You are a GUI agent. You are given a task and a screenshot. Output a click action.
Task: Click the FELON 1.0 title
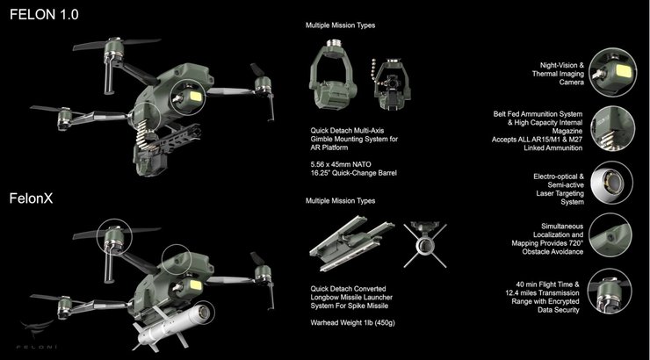click(x=44, y=15)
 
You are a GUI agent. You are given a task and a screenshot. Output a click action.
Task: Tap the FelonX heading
click(x=31, y=198)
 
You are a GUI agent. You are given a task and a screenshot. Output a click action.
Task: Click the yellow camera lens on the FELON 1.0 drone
click(x=194, y=97)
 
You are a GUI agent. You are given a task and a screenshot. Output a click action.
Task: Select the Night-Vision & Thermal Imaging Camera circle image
click(x=613, y=73)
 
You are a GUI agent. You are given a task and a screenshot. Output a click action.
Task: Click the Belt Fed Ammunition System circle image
click(x=613, y=128)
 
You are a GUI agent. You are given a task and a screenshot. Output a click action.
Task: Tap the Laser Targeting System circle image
click(x=612, y=183)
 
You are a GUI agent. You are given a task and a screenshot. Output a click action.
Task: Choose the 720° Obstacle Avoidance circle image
click(x=610, y=235)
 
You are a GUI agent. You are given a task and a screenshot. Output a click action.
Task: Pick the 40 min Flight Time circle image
click(x=610, y=291)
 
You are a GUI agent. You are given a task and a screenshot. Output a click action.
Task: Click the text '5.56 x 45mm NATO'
click(x=341, y=164)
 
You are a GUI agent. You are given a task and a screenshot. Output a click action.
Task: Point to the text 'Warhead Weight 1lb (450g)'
click(x=352, y=323)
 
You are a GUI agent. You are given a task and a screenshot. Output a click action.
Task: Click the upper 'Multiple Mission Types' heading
click(x=340, y=25)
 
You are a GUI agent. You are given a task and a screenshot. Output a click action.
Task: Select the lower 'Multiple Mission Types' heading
click(x=340, y=201)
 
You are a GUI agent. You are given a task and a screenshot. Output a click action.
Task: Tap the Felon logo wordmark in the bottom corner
click(x=37, y=346)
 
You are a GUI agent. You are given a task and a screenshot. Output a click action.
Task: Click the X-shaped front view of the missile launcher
click(x=425, y=244)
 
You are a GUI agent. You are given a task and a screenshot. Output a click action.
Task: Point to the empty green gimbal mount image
click(x=333, y=75)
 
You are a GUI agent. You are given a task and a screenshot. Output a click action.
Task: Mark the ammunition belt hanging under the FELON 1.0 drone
click(x=143, y=132)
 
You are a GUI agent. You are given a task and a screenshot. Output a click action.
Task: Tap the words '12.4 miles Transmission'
click(x=542, y=293)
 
